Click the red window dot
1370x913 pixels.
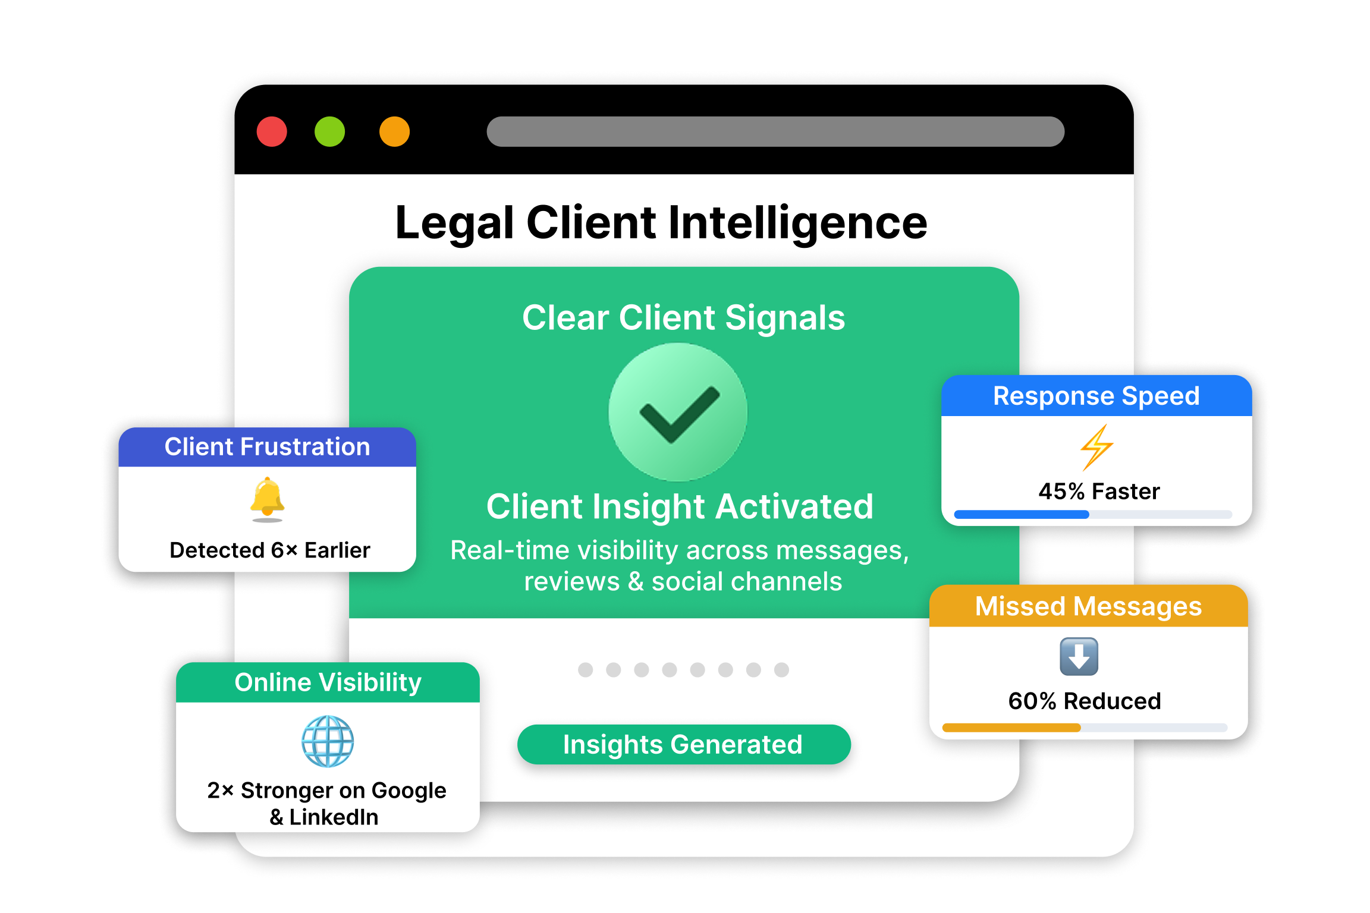coord(272,131)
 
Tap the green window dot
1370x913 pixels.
coord(329,131)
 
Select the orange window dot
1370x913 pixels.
coord(394,131)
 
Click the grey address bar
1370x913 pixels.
coord(775,131)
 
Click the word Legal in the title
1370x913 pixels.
coord(454,223)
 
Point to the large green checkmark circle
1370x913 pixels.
coord(678,412)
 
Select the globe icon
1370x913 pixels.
coord(328,741)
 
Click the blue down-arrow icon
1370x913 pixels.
coord(1079,656)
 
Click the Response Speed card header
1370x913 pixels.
coord(1096,396)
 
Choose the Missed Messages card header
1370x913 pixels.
coord(1088,606)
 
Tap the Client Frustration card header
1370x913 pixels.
coord(267,447)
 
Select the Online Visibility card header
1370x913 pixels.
coord(328,682)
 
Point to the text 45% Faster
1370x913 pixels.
coord(1099,492)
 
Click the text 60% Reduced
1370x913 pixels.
coord(1084,701)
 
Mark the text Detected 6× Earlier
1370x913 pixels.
coord(269,550)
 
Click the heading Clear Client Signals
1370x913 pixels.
coord(683,317)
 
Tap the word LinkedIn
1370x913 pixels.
coord(334,817)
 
